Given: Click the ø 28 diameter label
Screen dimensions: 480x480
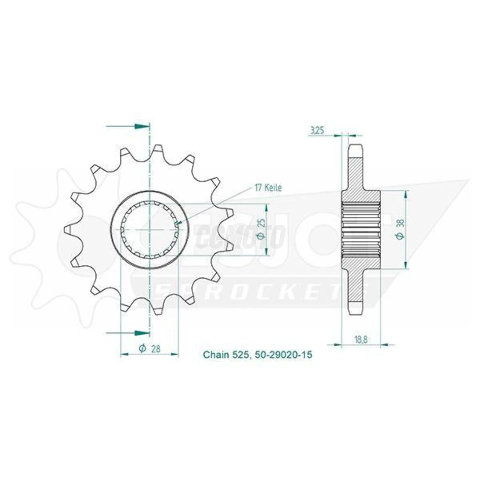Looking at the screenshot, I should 150,348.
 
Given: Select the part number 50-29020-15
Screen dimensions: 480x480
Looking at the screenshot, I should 284,355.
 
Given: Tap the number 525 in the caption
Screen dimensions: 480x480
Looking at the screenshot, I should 243,355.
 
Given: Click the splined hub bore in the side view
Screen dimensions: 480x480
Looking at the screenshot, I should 361,229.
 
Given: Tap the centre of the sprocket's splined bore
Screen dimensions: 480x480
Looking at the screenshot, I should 149,229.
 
